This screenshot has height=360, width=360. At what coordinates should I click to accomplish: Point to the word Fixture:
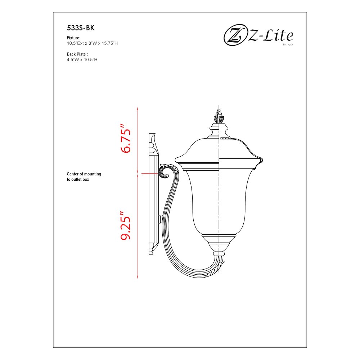73,38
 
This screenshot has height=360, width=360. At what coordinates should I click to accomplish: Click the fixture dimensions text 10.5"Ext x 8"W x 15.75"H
93,43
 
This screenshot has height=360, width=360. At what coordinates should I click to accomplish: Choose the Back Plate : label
77,54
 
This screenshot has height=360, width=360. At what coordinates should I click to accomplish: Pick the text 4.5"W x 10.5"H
82,59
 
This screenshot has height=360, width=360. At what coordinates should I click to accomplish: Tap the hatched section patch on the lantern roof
225,138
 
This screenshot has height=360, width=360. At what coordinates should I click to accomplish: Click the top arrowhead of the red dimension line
138,108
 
